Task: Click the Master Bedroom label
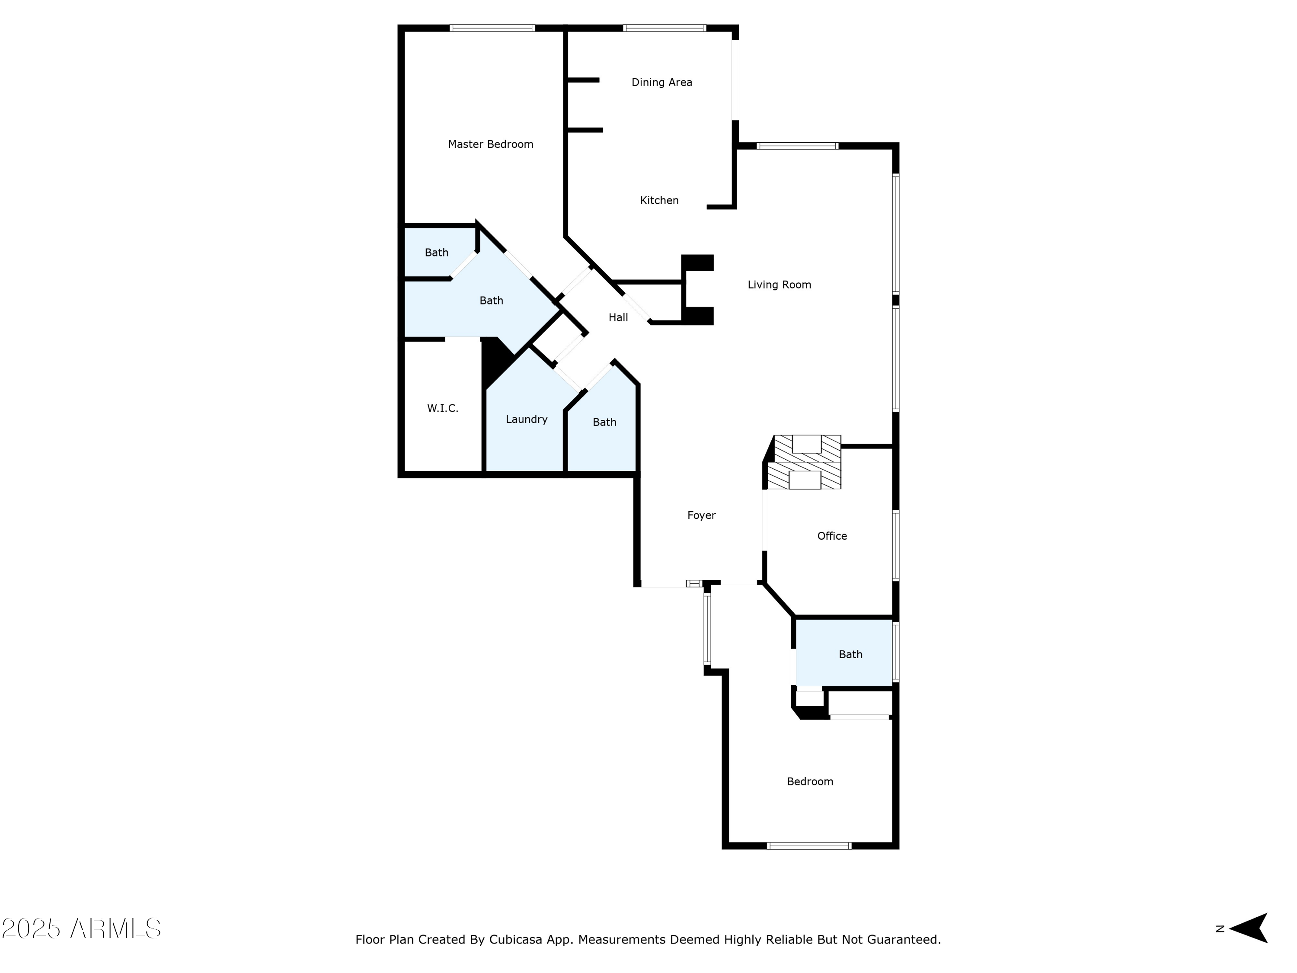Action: [490, 144]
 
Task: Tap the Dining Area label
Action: [661, 83]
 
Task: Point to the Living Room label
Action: [779, 285]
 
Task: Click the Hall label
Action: [618, 318]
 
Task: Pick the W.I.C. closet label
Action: [442, 408]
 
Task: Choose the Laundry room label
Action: [526, 419]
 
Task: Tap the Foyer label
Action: [701, 515]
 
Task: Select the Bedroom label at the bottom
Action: [809, 782]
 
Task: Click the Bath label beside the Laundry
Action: [604, 422]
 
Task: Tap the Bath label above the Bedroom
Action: [850, 655]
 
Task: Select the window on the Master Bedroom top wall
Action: [492, 28]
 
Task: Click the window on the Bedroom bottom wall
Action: [808, 846]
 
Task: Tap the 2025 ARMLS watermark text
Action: [82, 928]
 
